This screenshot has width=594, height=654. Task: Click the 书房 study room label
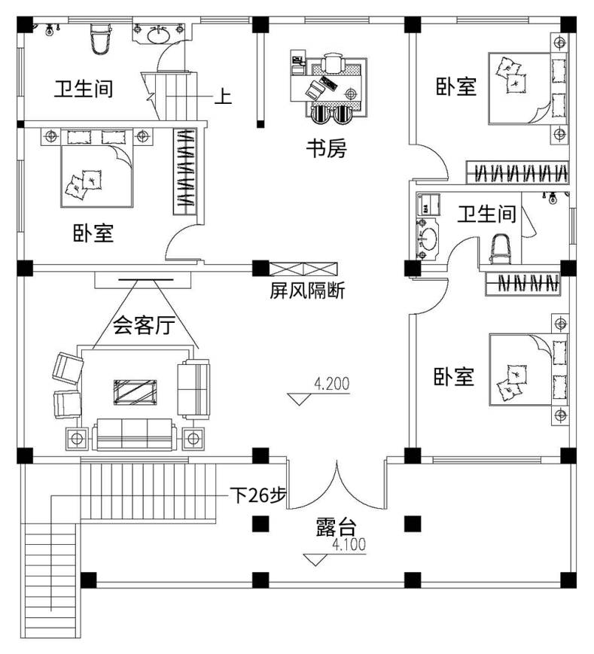tap(325, 148)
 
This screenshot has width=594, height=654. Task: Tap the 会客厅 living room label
tap(144, 325)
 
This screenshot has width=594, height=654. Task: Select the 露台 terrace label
tap(335, 526)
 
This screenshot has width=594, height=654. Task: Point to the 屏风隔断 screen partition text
tap(307, 290)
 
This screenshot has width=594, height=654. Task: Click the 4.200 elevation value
tap(332, 384)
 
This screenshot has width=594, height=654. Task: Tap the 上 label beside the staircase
tap(224, 96)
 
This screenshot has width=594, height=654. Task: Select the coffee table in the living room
tap(136, 392)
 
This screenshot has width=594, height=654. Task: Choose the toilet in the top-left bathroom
tap(99, 40)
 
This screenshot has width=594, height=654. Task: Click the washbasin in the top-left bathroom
tap(159, 35)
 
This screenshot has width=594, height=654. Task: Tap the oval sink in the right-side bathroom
tap(428, 240)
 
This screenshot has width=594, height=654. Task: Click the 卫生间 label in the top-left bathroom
tap(83, 89)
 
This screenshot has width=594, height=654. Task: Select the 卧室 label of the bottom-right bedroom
tap(454, 376)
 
